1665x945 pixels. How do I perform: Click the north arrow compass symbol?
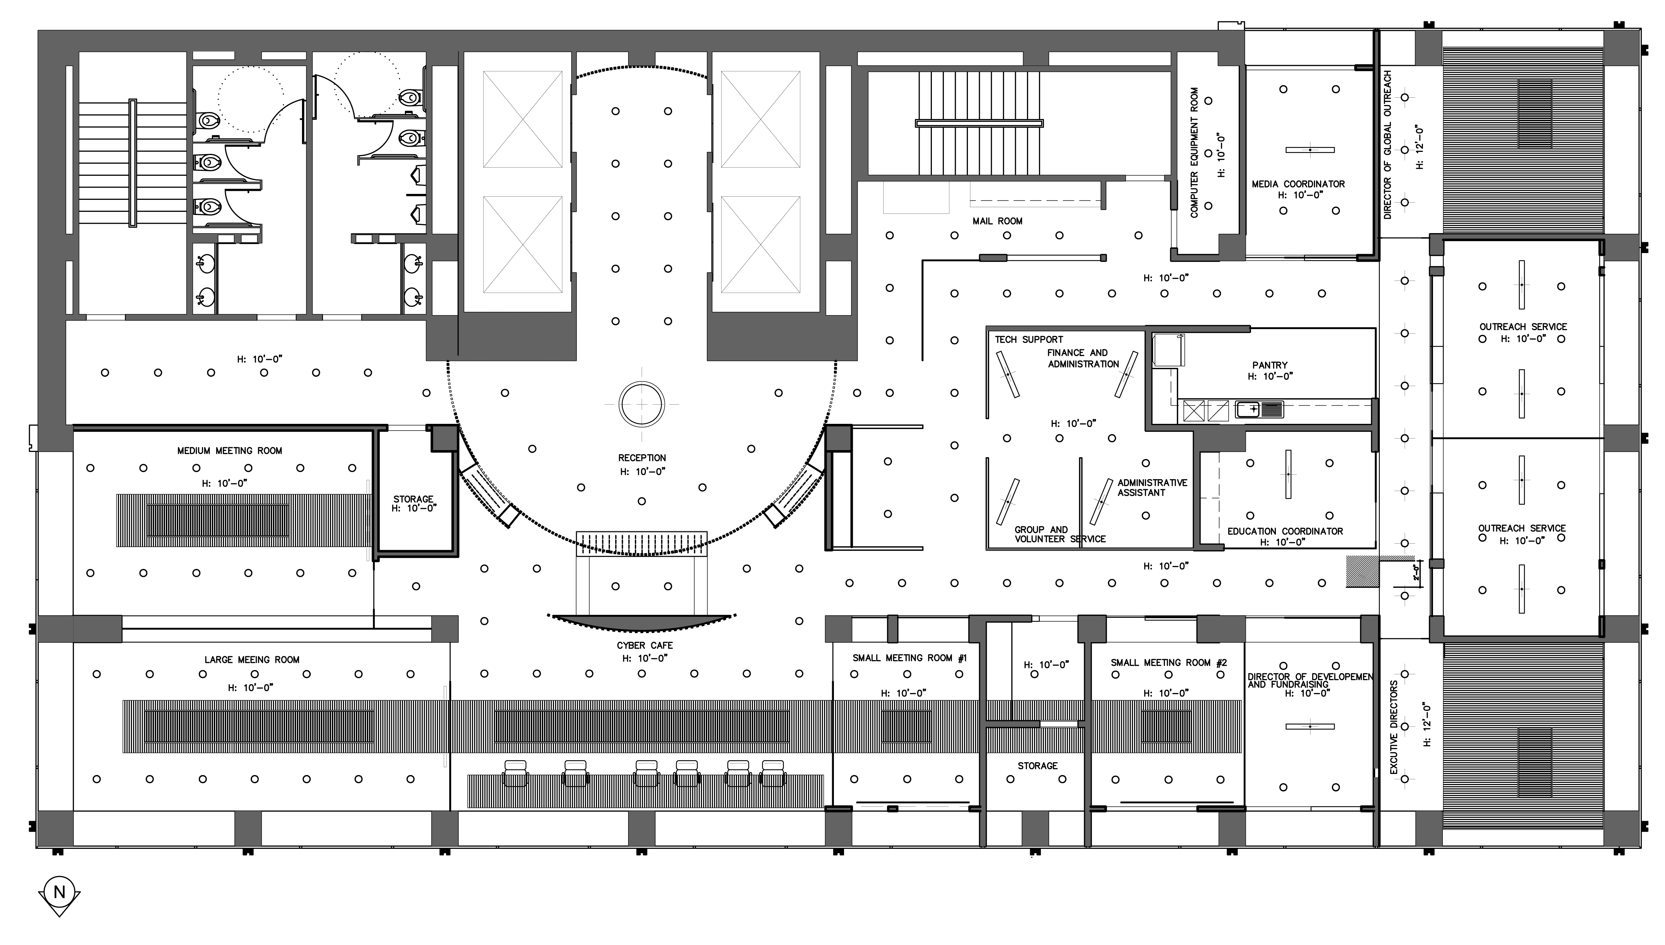tap(59, 896)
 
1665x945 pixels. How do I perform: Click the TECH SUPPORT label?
tap(1028, 339)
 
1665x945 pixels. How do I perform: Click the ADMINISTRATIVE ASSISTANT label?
tap(1152, 488)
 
